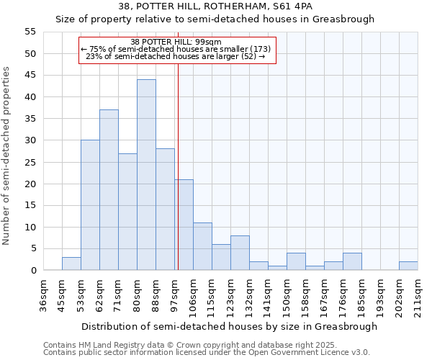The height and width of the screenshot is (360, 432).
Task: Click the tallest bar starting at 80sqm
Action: pos(146,175)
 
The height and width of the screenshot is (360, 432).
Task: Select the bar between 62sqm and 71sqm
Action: pos(109,190)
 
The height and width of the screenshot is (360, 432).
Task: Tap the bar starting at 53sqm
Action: pos(90,205)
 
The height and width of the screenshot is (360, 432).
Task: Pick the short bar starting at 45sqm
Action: pos(71,264)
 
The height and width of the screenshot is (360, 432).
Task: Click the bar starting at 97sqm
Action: pos(184,225)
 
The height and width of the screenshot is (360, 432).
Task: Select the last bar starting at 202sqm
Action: pos(408,266)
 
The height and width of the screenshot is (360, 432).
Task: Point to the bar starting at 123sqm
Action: pos(240,253)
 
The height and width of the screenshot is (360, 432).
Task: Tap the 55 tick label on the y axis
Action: pos(30,32)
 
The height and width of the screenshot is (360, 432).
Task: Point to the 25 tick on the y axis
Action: pos(30,162)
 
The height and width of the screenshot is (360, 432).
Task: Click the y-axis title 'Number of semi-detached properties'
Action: pos(6,156)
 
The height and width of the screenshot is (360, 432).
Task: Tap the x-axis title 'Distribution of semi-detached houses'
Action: pos(229,326)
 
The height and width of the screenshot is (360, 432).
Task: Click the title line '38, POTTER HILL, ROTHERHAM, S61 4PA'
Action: pos(215,6)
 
